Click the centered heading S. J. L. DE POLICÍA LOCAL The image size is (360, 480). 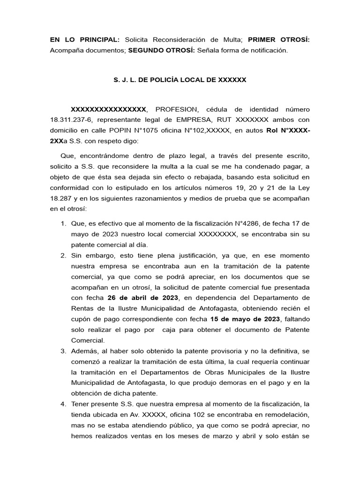180,80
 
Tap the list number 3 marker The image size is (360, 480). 63,352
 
